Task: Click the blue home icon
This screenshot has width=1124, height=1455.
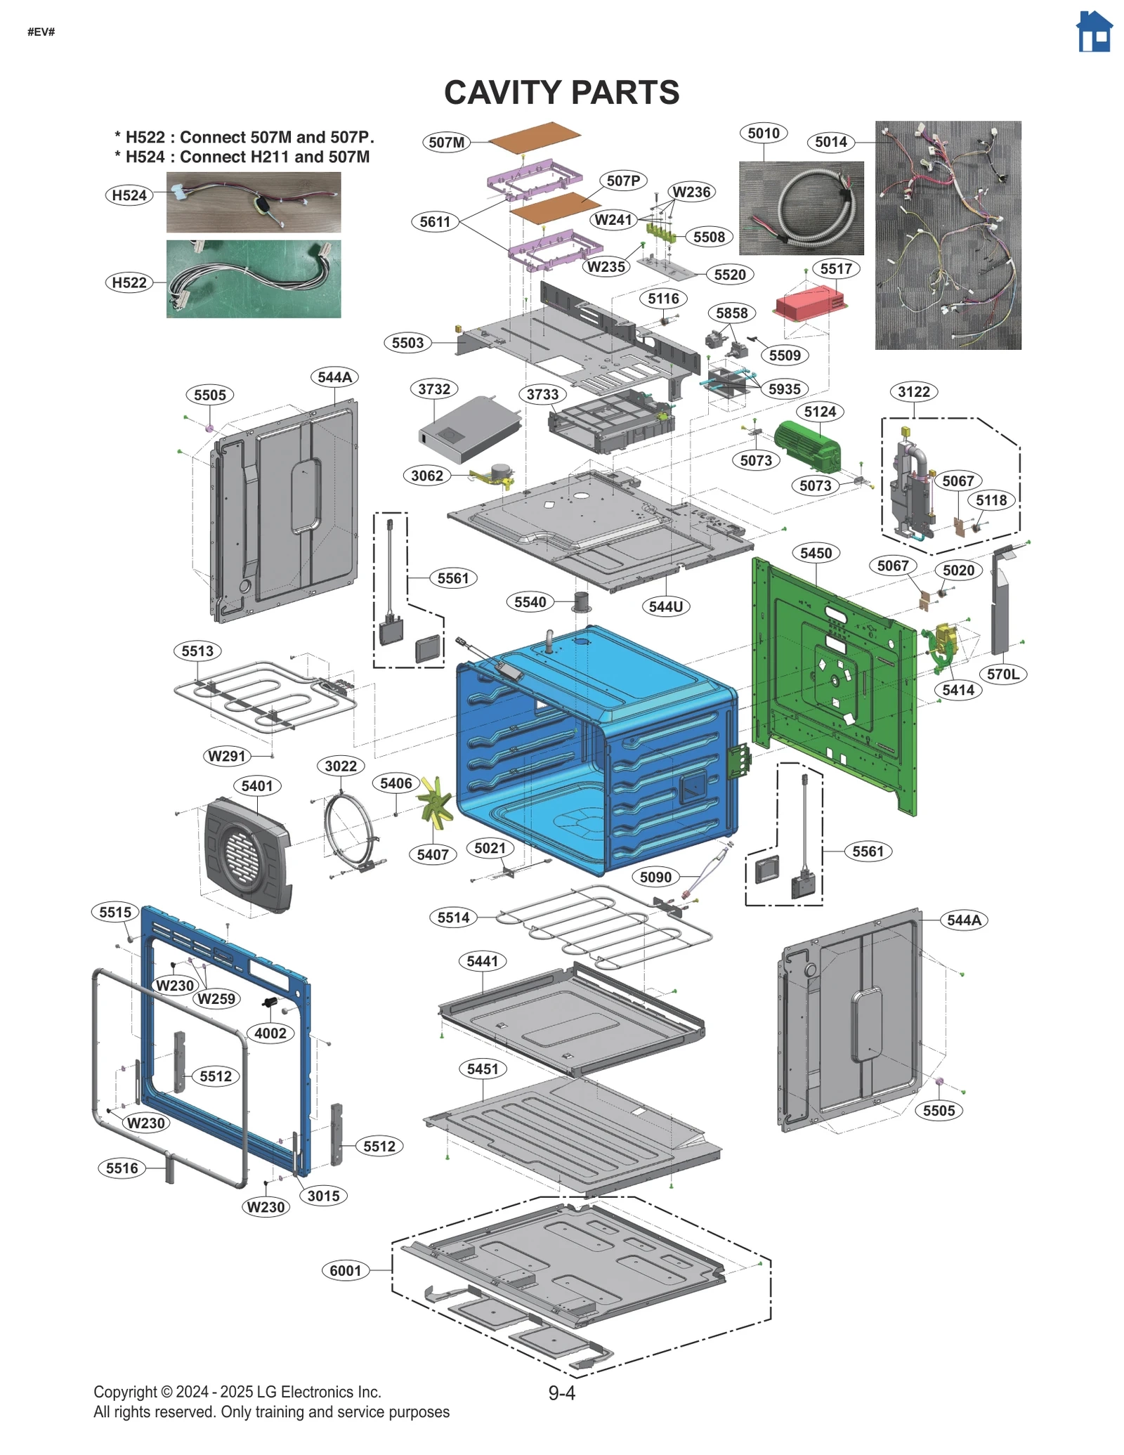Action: point(1094,32)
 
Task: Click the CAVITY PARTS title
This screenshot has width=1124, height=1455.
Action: point(561,93)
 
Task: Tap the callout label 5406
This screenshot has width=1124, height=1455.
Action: point(396,783)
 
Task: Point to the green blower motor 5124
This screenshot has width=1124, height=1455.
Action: point(808,445)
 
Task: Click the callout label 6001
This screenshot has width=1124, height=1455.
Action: point(346,1270)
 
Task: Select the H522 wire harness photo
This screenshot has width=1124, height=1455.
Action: point(254,279)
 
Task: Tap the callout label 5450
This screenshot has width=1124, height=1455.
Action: point(816,553)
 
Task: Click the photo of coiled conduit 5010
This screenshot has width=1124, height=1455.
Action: point(801,208)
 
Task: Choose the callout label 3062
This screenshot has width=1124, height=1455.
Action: point(427,476)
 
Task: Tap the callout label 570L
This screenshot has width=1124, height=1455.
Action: point(1002,674)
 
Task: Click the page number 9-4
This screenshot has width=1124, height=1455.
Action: point(561,1393)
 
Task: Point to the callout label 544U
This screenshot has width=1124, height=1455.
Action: point(665,606)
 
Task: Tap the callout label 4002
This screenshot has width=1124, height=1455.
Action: point(270,1033)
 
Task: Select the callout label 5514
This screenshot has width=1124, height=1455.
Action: point(453,917)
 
